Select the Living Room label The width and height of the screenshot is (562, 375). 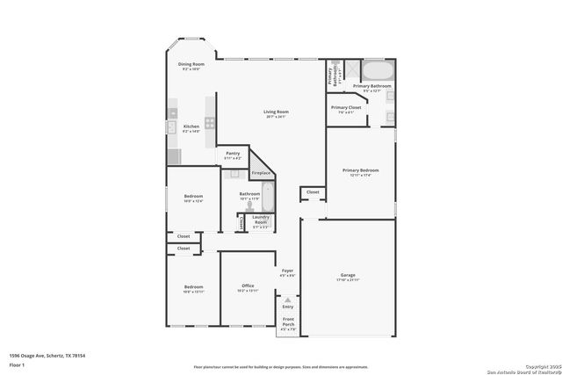point(277,112)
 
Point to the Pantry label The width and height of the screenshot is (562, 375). point(233,154)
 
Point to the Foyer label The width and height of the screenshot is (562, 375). point(287,271)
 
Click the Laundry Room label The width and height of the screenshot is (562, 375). point(261,220)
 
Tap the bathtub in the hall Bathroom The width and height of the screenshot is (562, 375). point(268,197)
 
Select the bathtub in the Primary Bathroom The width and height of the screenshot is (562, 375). point(378,71)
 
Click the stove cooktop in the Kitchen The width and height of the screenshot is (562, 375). point(210,127)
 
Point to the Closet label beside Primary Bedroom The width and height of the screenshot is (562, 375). point(313,191)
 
